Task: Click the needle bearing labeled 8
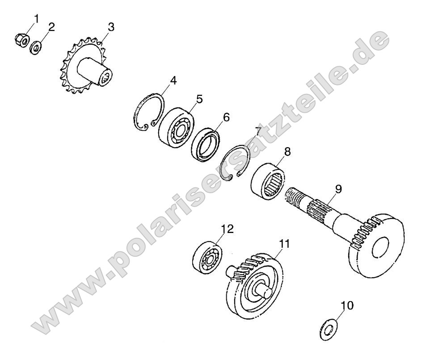point(267,183)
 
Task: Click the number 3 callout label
point(111,27)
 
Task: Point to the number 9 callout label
point(338,189)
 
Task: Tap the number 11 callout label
point(284,244)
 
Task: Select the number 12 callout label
point(227,229)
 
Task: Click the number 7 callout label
point(258,131)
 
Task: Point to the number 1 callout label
point(37,19)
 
